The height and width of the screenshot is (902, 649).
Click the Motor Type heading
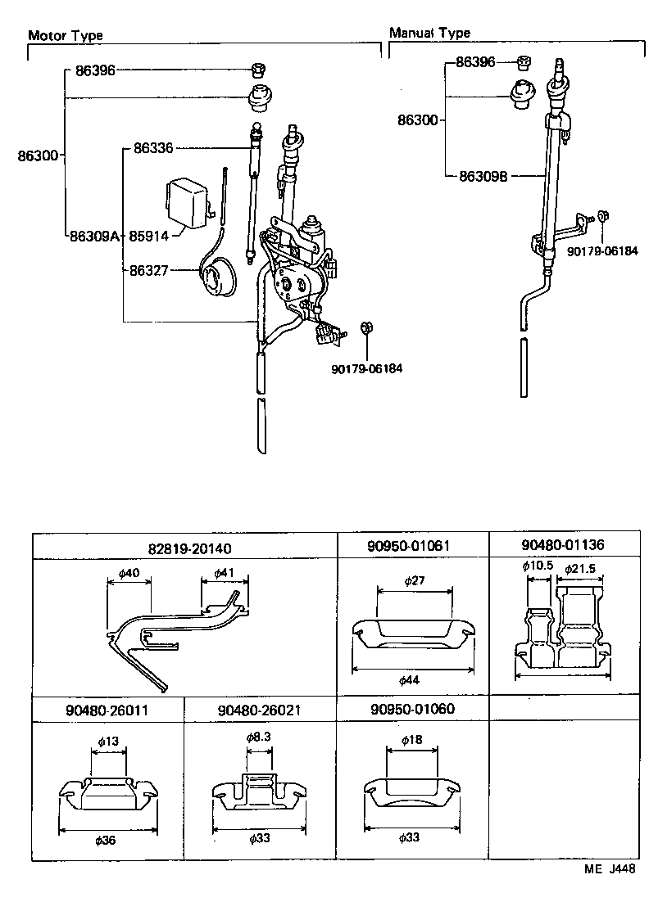(66, 35)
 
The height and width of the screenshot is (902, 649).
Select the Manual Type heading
(429, 34)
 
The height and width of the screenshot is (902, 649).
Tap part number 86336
(153, 148)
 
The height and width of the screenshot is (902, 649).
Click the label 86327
(148, 269)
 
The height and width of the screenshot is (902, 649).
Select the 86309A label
(94, 237)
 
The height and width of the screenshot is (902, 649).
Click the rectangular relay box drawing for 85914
(188, 201)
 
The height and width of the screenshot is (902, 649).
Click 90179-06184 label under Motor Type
(367, 368)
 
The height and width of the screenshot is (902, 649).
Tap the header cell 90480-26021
(260, 710)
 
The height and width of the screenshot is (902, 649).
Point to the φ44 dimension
(413, 681)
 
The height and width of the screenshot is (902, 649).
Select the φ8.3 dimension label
(258, 737)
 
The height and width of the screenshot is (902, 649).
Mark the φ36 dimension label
(107, 840)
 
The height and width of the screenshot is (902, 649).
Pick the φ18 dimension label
(413, 738)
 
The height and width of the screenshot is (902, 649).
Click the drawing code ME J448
(610, 870)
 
